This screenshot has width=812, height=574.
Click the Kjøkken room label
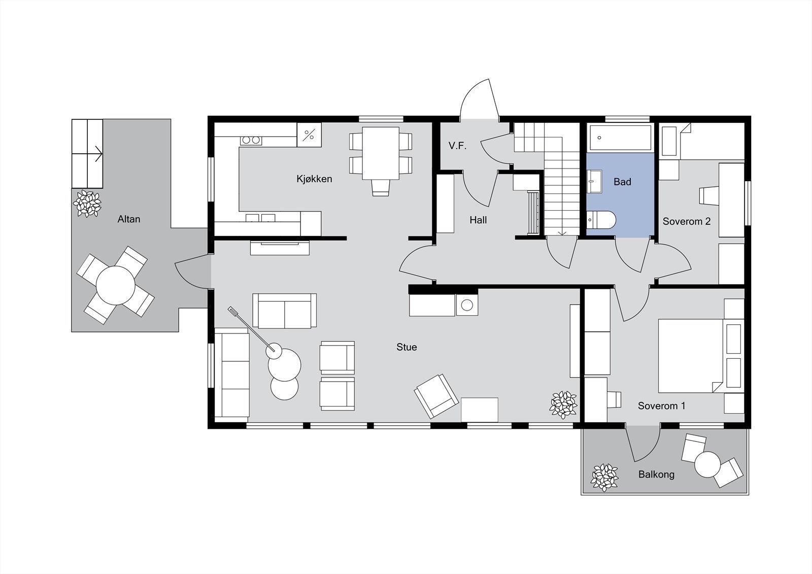coord(314,179)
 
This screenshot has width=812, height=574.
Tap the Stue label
coord(407,347)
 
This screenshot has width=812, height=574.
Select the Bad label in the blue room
coord(622,182)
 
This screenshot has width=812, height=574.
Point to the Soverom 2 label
coord(686,221)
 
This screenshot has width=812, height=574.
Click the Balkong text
coord(656,475)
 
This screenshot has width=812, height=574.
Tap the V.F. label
coord(457,146)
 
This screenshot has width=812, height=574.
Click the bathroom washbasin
coord(594,181)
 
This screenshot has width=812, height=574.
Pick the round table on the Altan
coord(116,285)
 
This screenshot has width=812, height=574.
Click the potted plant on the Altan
coord(87,204)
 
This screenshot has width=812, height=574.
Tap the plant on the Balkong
coord(604,478)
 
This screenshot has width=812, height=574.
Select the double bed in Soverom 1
coord(690,355)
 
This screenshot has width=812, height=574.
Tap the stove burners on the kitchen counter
coord(251,140)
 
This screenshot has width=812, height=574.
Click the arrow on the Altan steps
coord(98,152)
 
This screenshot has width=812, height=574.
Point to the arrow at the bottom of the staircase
coord(562,232)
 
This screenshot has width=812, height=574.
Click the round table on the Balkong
coord(707,464)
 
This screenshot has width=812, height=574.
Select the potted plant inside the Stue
coord(563,404)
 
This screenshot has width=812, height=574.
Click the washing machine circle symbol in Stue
coord(467,305)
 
